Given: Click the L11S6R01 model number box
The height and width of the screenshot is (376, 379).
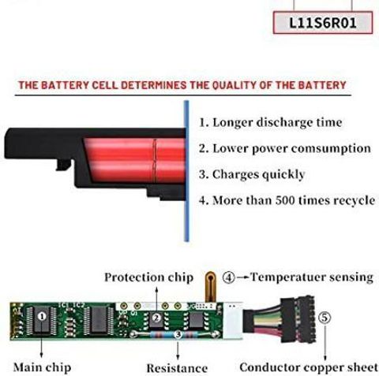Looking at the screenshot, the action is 323,23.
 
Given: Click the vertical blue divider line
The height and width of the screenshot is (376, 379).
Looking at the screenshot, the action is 186,171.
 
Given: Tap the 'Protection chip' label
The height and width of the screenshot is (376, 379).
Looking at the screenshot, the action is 149,277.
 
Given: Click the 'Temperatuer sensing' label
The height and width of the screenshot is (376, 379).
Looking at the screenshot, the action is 312,277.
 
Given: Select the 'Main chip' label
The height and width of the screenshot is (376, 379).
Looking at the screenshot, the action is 43,367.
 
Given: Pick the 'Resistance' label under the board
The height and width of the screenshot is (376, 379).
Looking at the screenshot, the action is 177,368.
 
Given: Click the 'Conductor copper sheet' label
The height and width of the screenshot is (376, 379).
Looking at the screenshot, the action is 309,367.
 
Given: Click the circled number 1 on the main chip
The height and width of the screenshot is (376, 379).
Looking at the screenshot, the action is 42,316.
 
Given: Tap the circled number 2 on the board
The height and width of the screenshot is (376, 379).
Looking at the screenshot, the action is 156,318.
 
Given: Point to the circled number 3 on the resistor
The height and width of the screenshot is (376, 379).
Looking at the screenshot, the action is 178,334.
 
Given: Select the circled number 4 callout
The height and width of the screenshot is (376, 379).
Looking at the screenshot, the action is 229,277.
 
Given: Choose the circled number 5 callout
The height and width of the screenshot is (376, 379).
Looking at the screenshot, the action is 325,318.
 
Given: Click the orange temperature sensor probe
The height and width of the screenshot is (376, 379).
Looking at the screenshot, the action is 210,287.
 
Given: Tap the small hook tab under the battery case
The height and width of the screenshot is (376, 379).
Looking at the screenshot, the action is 63,165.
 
